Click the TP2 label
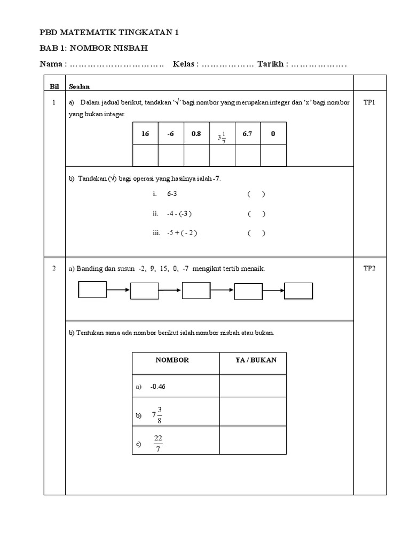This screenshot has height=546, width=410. click(x=369, y=269)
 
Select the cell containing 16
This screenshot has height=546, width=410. click(x=145, y=134)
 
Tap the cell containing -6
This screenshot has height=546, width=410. click(x=171, y=134)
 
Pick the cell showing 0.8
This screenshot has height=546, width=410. click(x=196, y=134)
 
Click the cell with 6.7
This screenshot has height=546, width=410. click(x=247, y=134)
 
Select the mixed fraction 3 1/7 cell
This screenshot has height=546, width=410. click(x=222, y=136)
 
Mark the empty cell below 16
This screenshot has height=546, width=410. click(x=145, y=155)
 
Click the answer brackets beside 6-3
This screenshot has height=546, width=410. click(x=256, y=195)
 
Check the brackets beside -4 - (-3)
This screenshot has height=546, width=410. click(x=256, y=214)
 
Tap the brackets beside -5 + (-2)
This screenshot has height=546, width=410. click(x=256, y=233)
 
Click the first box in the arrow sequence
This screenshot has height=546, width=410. click(x=93, y=290)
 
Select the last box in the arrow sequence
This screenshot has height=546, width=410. click(x=298, y=291)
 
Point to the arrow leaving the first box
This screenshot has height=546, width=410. click(x=119, y=291)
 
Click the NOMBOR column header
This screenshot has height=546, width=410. click(x=172, y=360)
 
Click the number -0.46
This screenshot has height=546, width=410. click(x=159, y=387)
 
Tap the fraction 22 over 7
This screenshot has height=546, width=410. click(x=158, y=443)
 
